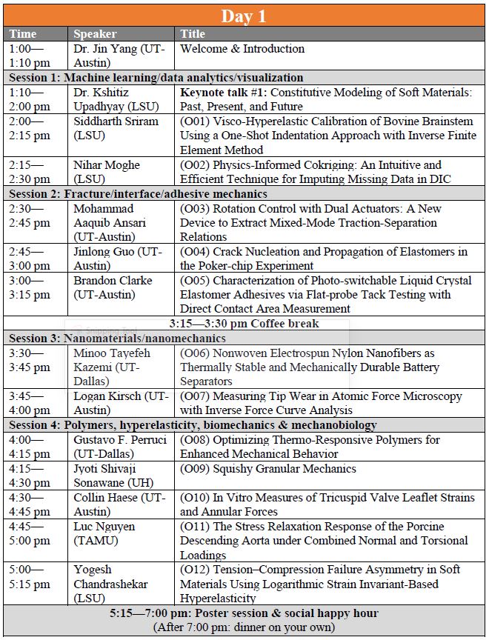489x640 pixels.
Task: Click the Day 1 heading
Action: click(244, 15)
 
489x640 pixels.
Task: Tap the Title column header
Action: click(192, 34)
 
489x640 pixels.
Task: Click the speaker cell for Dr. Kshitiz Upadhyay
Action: click(111, 99)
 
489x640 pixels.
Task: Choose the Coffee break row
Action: click(244, 324)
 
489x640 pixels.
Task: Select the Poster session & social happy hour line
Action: click(244, 613)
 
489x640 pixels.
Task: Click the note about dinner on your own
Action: click(244, 627)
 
